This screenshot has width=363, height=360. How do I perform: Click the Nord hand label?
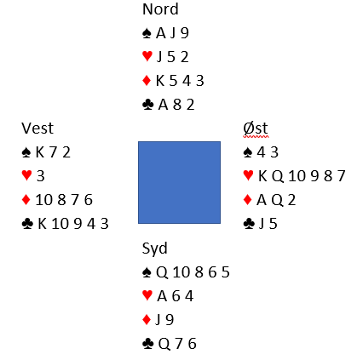[x=160, y=9]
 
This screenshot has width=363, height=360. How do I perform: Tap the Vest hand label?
[x=37, y=129]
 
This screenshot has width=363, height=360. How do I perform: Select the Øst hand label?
[x=256, y=129]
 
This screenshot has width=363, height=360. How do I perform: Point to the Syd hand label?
[x=154, y=249]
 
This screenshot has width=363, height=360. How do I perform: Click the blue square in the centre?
[x=179, y=182]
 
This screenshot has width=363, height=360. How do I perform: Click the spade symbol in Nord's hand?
[x=147, y=33]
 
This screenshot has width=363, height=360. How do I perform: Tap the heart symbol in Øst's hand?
[x=248, y=175]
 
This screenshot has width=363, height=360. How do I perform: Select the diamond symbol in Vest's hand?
[x=26, y=200]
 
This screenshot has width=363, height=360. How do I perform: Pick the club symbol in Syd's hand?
[x=147, y=344]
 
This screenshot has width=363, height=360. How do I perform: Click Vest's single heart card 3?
[x=41, y=176]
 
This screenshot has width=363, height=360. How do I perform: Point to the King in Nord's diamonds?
[x=160, y=81]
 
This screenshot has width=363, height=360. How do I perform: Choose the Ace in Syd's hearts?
[x=162, y=296]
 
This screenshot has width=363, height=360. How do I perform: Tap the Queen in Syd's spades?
[x=162, y=272]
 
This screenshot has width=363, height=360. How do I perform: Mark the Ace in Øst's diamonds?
[x=262, y=200]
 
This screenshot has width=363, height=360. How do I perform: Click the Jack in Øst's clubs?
[x=262, y=224]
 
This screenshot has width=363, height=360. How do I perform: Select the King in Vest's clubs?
[x=43, y=224]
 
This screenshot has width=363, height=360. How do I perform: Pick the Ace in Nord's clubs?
[x=164, y=105]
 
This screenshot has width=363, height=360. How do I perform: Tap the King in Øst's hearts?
[x=262, y=176]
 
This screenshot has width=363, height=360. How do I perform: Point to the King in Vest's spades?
[x=40, y=152]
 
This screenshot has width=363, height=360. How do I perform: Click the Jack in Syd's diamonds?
[x=158, y=320]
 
